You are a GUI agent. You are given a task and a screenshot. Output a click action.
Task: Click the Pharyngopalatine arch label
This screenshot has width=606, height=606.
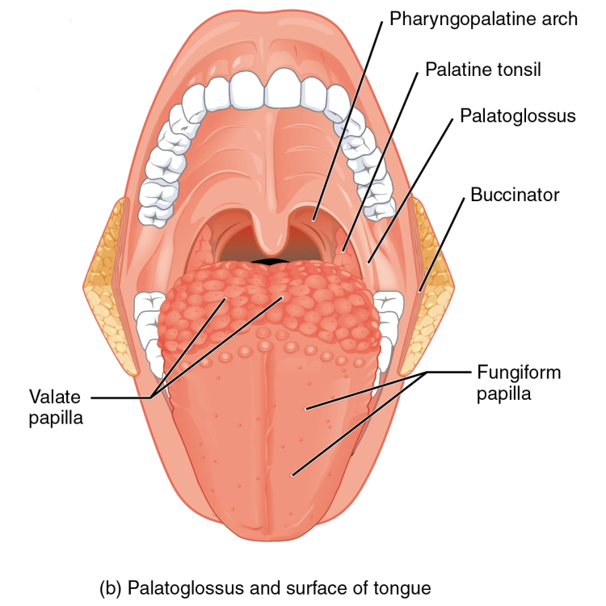(483, 19)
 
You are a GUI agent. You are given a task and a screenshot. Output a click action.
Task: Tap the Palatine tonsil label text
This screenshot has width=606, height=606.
(483, 70)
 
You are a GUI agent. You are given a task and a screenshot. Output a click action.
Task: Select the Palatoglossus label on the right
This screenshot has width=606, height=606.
(518, 116)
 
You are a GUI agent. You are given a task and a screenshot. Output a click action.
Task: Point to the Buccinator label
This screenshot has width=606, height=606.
(515, 195)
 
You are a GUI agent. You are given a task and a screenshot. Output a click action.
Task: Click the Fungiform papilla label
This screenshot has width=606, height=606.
(519, 383)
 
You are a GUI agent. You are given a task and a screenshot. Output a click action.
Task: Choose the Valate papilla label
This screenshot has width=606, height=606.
(56, 408)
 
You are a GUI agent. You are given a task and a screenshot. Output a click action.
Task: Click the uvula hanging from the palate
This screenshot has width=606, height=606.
(272, 232)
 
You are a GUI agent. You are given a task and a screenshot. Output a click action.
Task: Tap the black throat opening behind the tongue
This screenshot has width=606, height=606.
(272, 262)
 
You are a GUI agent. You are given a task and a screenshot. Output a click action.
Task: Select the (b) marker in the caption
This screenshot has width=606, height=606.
(112, 588)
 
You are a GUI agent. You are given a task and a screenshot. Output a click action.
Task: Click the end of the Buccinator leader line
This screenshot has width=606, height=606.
(419, 292)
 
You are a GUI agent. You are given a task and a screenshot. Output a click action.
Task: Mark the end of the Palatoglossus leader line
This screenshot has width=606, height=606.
(369, 263)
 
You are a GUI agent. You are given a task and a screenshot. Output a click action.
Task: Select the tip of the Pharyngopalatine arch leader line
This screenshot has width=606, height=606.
(314, 221)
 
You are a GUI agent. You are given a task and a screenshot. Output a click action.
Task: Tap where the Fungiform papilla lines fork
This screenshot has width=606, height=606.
(427, 372)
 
